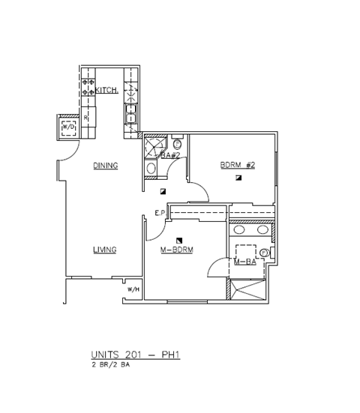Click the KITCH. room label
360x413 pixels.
(108, 89)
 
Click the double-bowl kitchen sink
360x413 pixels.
(130, 94)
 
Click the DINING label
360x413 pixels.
(105, 166)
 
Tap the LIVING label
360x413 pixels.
(104, 250)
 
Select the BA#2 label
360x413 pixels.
(170, 155)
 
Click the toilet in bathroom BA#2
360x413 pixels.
(177, 143)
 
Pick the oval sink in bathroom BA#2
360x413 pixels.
(151, 169)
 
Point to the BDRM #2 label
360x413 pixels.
(237, 166)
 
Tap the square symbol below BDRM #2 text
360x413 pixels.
(238, 178)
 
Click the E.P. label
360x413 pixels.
(159, 214)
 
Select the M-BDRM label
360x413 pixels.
(177, 250)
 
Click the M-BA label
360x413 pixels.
(245, 262)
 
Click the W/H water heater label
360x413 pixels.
(133, 289)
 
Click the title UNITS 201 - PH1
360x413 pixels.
(135, 355)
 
